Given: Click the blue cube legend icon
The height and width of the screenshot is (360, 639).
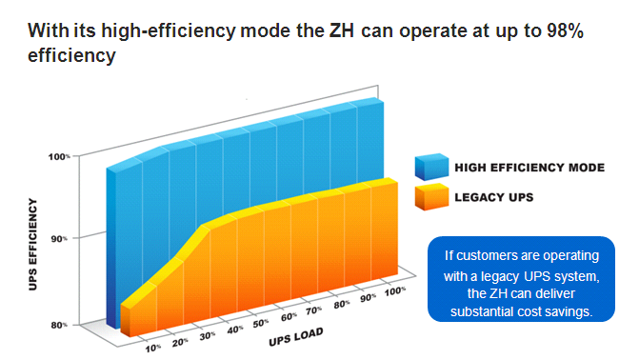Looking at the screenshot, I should point(430,168).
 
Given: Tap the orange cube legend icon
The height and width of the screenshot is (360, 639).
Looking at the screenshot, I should point(430,197).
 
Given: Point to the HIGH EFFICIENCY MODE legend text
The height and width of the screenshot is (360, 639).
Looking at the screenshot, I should point(529,168).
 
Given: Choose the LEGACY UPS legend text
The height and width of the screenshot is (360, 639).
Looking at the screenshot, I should point(494,197).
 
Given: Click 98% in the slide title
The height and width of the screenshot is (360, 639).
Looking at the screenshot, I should point(564,30).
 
